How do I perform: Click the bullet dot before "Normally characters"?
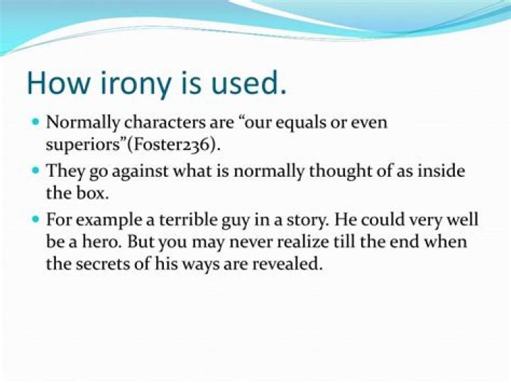point(35,122)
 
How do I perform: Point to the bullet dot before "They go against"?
point(35,171)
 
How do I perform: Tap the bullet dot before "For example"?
point(35,220)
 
